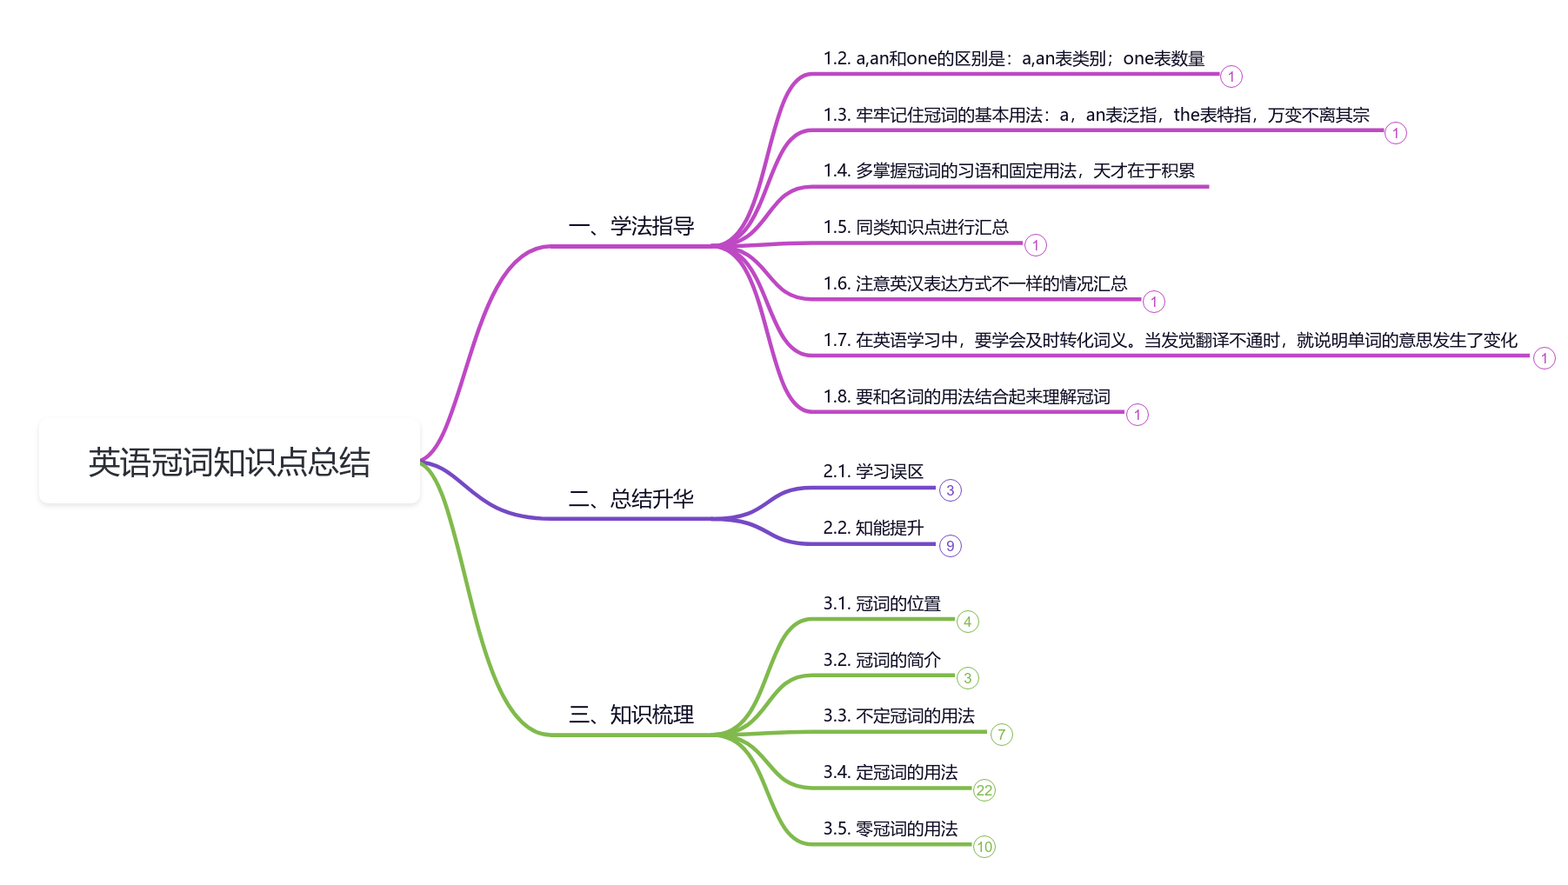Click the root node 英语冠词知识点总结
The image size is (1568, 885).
(x=229, y=462)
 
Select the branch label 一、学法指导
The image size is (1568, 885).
(x=631, y=227)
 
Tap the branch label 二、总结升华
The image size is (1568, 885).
(x=631, y=499)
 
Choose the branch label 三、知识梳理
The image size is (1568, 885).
(x=631, y=715)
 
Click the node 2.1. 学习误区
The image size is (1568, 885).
(x=873, y=472)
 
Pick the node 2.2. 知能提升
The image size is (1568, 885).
(x=873, y=529)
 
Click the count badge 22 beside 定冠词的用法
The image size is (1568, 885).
(x=984, y=790)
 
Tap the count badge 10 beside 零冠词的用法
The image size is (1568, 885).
(x=984, y=847)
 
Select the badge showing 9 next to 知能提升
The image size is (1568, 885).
(x=950, y=546)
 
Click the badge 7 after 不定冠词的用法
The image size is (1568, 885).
(x=1001, y=735)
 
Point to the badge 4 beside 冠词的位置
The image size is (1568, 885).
(x=967, y=622)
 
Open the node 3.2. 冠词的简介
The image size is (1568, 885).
(x=882, y=661)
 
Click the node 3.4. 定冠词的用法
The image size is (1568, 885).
(x=891, y=773)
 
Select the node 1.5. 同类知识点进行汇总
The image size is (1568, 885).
(x=916, y=228)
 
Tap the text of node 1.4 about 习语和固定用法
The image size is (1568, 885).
(x=1009, y=171)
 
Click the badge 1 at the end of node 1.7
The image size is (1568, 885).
(x=1544, y=358)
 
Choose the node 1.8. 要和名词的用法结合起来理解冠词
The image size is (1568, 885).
(x=966, y=397)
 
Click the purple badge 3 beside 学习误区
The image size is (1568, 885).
(x=950, y=490)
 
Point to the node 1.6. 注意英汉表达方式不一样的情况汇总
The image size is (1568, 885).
(x=975, y=284)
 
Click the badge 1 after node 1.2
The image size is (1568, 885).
(x=1231, y=77)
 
